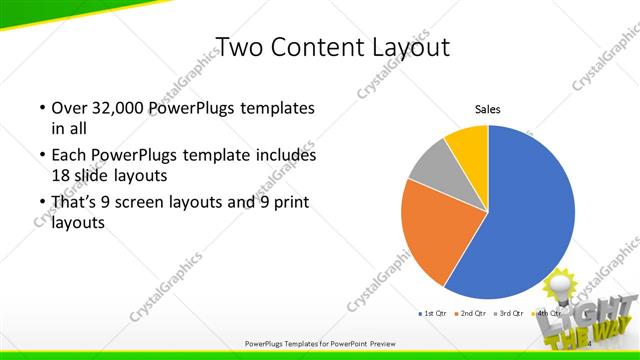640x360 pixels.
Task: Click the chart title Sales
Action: (x=487, y=109)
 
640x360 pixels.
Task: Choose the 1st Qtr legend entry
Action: (x=431, y=314)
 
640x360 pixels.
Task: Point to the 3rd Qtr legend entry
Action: (x=507, y=314)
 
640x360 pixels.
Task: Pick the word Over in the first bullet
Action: (x=68, y=108)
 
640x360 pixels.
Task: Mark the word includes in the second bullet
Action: (x=284, y=156)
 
